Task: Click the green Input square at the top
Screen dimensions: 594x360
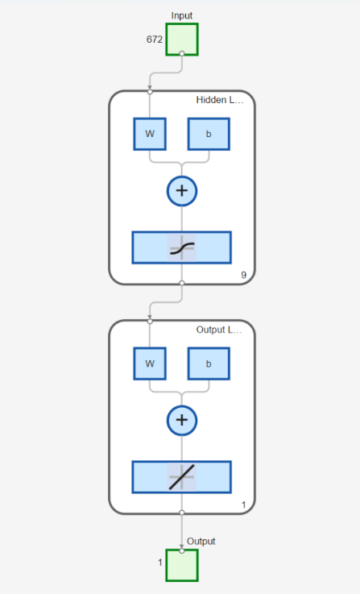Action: coord(181,39)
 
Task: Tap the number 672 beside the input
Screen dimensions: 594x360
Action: coord(155,39)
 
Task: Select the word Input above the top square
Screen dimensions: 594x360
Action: coord(182,15)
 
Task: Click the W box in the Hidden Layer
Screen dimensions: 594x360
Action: coord(150,134)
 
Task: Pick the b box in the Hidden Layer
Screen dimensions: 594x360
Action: coord(209,134)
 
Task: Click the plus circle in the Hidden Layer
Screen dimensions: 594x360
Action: coord(182,190)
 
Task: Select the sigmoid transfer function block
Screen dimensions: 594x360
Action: coord(182,247)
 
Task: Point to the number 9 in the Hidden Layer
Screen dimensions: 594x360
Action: coord(243,276)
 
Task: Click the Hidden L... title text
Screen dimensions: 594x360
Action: coord(219,100)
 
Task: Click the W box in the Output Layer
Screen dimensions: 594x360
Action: coord(150,363)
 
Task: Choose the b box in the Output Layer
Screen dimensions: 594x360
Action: coord(209,363)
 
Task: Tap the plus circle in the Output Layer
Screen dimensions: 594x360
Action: coord(182,420)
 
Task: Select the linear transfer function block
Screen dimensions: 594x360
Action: coord(182,477)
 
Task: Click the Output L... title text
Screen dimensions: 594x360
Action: coord(219,330)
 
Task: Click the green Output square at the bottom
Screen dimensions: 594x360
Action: coord(181,564)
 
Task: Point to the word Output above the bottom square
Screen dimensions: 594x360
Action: coord(201,541)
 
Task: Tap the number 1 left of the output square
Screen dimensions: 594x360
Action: coord(161,561)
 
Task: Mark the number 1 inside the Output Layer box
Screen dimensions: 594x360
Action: coord(243,505)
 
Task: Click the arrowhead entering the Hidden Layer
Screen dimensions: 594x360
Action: coord(150,89)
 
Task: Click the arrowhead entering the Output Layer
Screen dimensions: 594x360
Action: coord(150,318)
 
